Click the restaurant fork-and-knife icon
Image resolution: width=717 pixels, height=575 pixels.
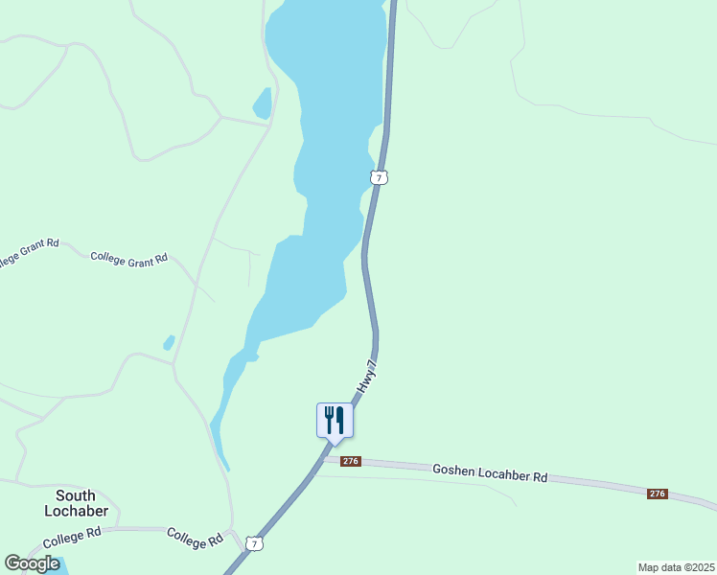coord(335,420)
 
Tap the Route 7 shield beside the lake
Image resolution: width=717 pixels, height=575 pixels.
coord(380,177)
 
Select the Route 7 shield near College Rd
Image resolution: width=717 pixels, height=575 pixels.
coord(253,543)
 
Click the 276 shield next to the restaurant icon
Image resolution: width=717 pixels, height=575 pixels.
coord(350,461)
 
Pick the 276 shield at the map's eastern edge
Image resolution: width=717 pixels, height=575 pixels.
coord(657,494)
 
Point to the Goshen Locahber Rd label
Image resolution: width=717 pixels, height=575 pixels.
coord(489,472)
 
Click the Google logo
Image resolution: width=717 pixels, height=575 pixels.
coord(32,563)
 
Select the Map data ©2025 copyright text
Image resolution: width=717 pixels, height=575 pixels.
coord(676,567)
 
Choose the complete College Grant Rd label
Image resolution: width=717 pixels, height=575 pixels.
coord(129,258)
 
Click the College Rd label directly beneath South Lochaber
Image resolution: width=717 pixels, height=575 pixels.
coord(72,537)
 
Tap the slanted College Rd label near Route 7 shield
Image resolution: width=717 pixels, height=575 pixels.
coord(195,538)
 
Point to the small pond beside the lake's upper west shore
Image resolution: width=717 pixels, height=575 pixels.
coord(262,102)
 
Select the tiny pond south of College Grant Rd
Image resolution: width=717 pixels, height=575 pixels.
coord(169,342)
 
